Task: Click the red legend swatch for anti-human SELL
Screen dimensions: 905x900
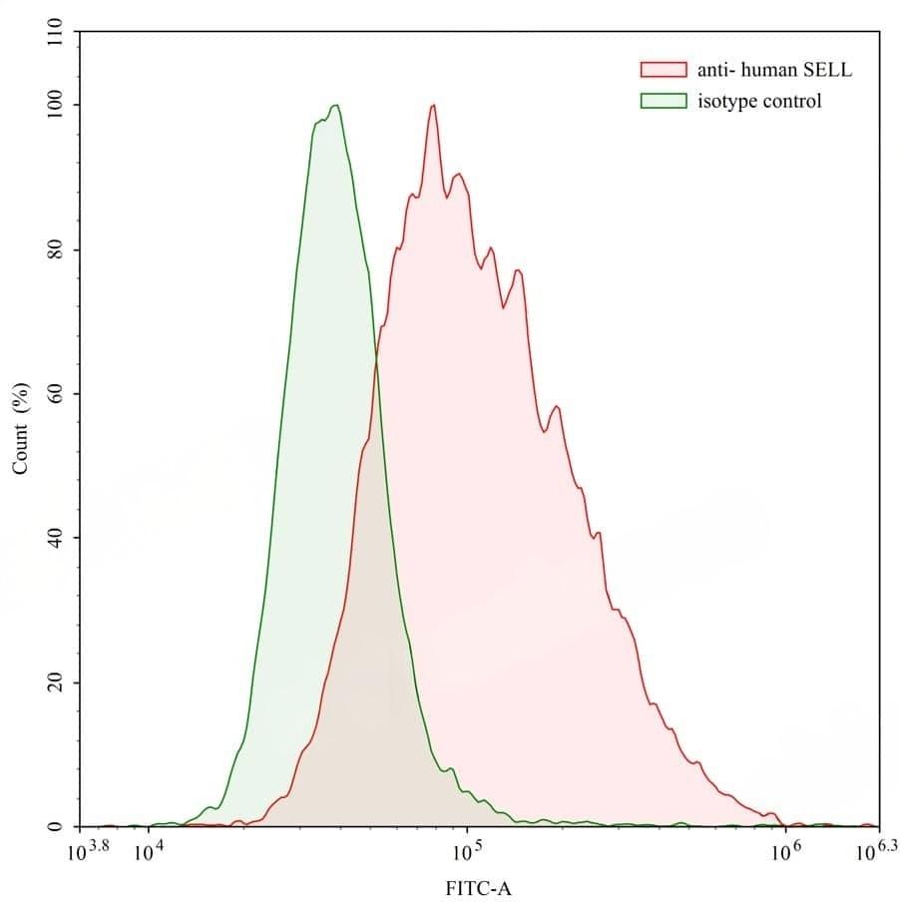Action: pyautogui.click(x=663, y=70)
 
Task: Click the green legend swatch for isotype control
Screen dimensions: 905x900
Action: pyautogui.click(x=663, y=100)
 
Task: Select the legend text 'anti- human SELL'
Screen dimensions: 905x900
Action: pyautogui.click(x=774, y=70)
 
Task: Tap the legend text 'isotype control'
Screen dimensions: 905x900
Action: pyautogui.click(x=759, y=101)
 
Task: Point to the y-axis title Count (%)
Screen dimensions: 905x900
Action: pyautogui.click(x=19, y=428)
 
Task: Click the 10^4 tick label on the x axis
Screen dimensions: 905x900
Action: pyautogui.click(x=148, y=851)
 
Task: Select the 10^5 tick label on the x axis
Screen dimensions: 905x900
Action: pyautogui.click(x=467, y=851)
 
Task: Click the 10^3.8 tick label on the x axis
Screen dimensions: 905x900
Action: pyautogui.click(x=87, y=851)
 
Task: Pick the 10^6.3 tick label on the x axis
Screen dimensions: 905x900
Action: pyautogui.click(x=876, y=851)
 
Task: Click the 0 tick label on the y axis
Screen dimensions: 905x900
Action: pyautogui.click(x=56, y=827)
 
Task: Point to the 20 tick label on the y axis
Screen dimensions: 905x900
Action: pyautogui.click(x=56, y=682)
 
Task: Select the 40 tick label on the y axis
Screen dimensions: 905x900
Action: pyautogui.click(x=56, y=538)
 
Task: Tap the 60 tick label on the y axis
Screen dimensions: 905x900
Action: pyautogui.click(x=56, y=393)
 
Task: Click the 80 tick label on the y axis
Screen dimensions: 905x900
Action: pyautogui.click(x=56, y=249)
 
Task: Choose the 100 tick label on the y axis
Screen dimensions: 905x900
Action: pyautogui.click(x=56, y=105)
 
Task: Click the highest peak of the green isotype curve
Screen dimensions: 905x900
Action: pyautogui.click(x=337, y=105)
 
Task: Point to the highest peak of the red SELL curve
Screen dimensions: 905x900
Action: pyautogui.click(x=433, y=105)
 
